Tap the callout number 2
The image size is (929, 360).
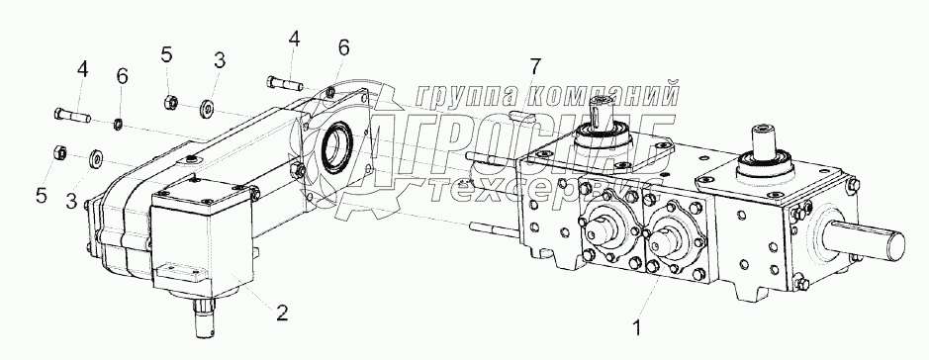282,313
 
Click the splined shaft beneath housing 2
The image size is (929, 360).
205,319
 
